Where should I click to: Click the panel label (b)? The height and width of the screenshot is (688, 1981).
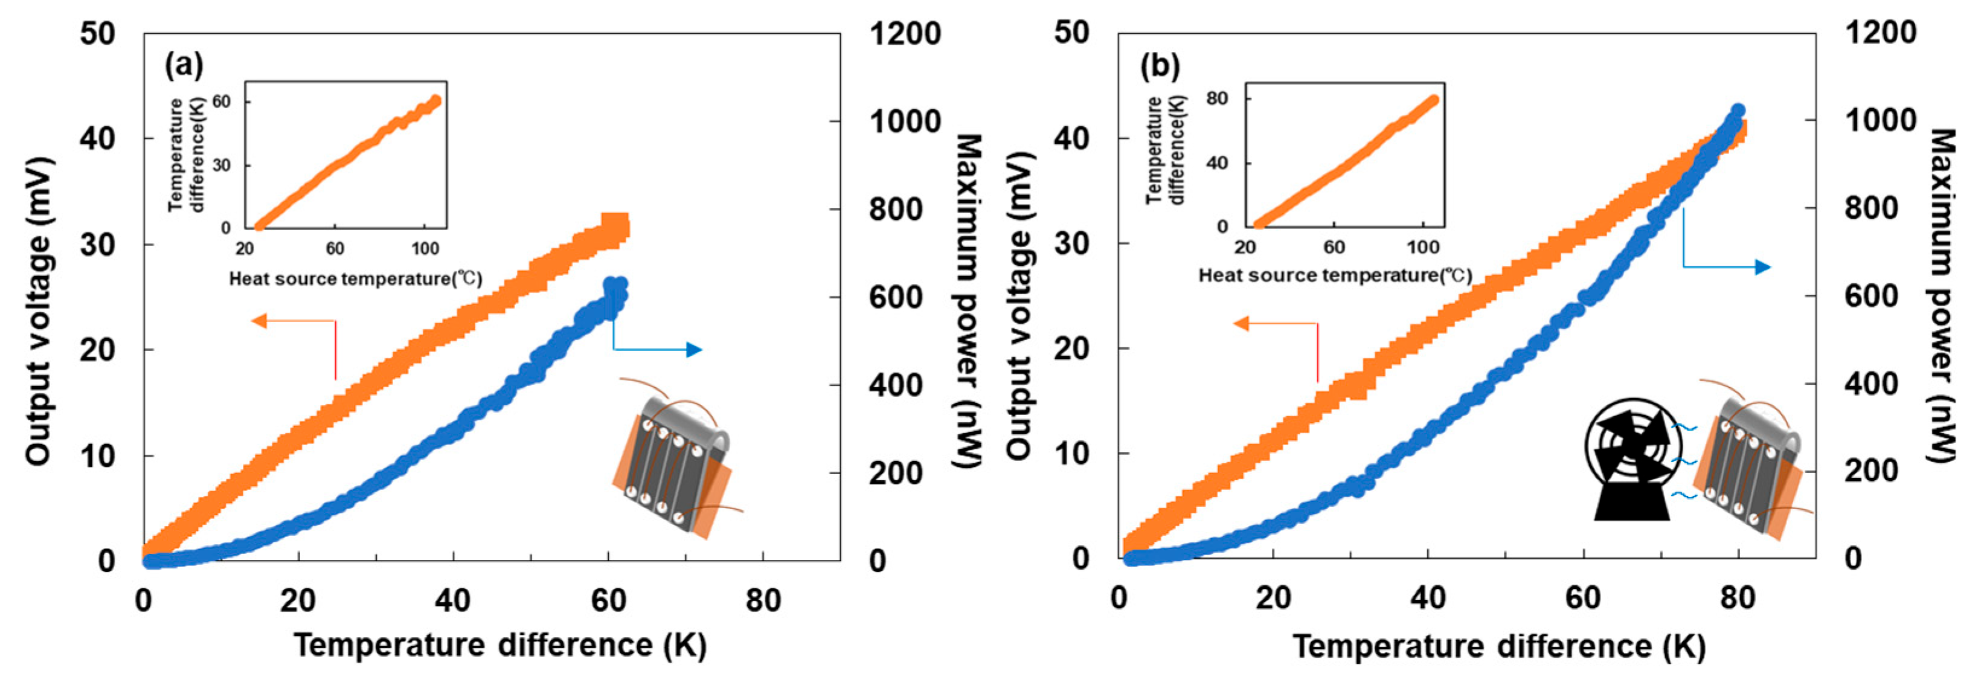[x=1159, y=66]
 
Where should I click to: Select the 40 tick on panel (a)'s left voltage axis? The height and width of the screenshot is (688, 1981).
[x=98, y=139]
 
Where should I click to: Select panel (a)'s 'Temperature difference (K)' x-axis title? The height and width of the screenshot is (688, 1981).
[x=500, y=645]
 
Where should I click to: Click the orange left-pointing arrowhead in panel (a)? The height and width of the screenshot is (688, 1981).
[x=259, y=321]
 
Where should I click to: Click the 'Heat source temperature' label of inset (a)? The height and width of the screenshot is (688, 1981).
[x=355, y=278]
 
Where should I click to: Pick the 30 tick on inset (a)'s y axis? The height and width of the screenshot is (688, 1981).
[x=222, y=166]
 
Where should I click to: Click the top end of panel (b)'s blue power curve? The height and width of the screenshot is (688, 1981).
[x=1737, y=112]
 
